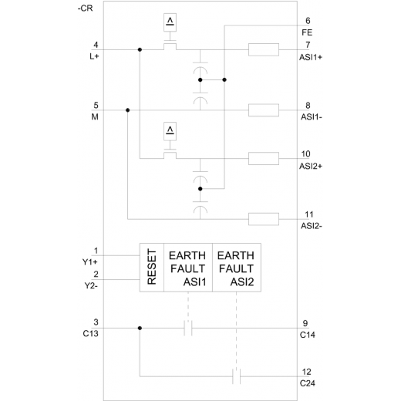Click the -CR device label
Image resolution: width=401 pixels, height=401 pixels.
85,8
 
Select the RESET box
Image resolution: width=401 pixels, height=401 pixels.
152,268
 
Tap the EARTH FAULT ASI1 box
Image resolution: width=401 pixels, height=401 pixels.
188,268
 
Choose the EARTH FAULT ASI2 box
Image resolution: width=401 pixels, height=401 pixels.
237,268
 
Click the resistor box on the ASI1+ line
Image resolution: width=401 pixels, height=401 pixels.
264,49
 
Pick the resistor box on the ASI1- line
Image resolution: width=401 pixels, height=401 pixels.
264,110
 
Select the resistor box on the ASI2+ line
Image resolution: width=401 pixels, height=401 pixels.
264,158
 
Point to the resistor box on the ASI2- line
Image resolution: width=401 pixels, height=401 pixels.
264,219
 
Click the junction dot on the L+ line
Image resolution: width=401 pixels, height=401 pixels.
140,49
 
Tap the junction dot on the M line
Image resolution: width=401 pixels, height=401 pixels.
127,110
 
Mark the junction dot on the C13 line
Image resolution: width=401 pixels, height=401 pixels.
140,328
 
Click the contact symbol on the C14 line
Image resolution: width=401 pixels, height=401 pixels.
188,328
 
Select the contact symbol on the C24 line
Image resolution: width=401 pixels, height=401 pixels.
237,376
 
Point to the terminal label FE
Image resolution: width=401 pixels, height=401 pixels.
307,32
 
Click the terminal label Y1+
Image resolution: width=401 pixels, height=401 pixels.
90,262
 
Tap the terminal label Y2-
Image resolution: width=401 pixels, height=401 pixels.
91,285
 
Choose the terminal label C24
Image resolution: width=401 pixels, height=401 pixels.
308,383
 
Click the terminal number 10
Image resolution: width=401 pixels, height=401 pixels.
306,154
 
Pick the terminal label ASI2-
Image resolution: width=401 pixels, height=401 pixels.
312,226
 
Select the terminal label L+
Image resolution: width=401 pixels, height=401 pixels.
94,56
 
